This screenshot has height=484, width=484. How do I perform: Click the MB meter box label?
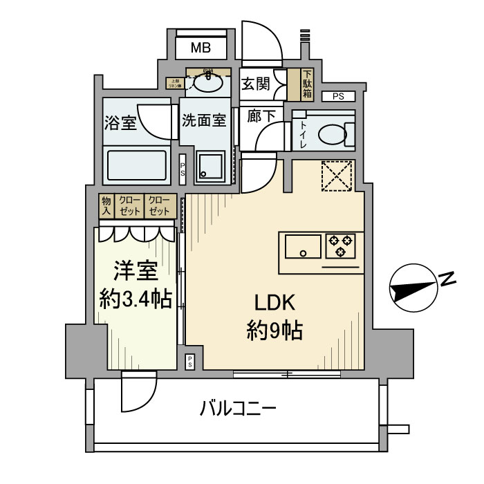coord(201,48)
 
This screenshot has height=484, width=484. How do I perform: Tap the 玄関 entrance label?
coord(255,84)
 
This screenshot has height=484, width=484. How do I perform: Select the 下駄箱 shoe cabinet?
coord(306,84)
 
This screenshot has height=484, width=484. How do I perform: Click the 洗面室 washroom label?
coord(204,120)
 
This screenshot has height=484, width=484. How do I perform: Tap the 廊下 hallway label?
coord(261,116)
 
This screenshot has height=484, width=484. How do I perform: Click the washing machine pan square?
coord(208,167)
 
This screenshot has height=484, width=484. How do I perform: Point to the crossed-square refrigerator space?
coord(337,174)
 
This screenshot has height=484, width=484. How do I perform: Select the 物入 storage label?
coord(106,205)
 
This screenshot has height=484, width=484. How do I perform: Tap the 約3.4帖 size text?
coord(136,299)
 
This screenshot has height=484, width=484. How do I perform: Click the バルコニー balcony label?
coord(239,409)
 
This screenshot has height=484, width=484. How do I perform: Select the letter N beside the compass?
coord(447,280)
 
